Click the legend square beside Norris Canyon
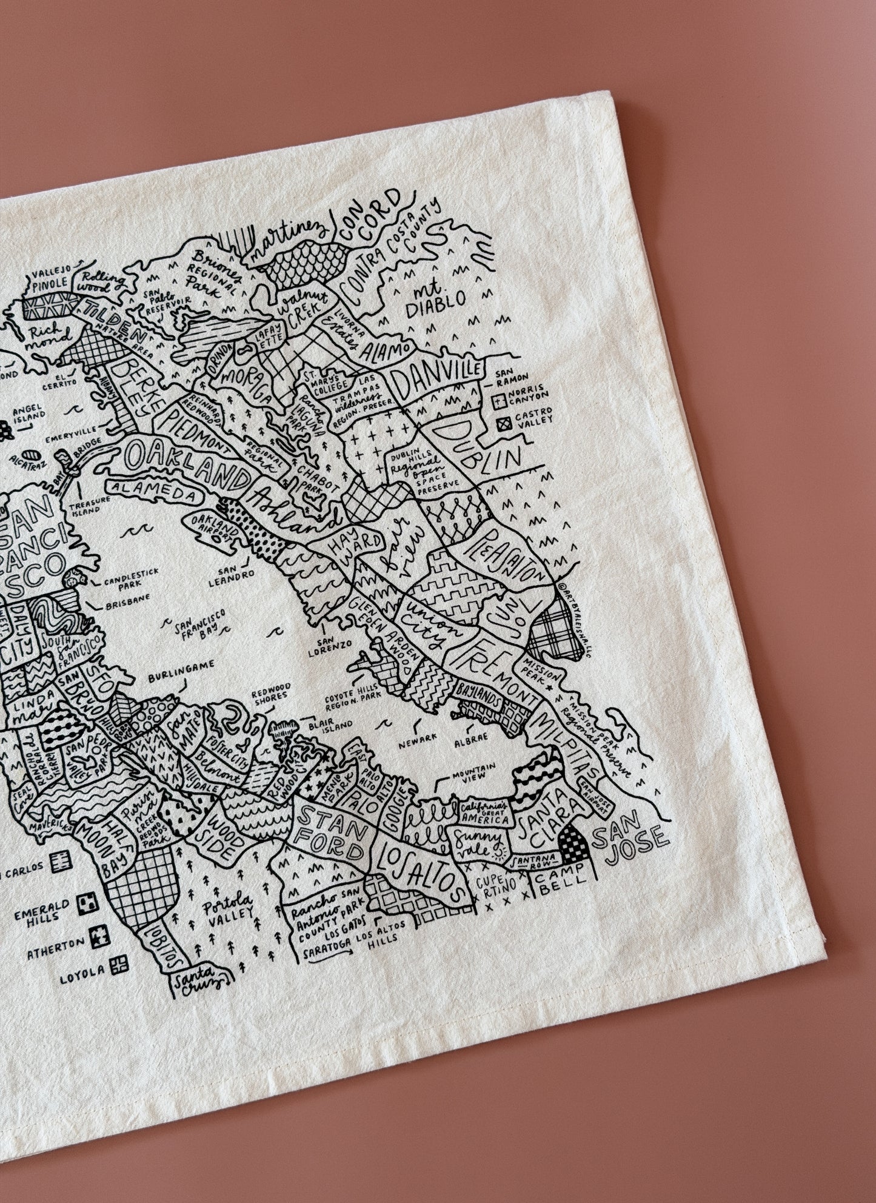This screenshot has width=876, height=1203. [500, 401]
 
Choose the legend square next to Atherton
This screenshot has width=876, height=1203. [97, 956]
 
